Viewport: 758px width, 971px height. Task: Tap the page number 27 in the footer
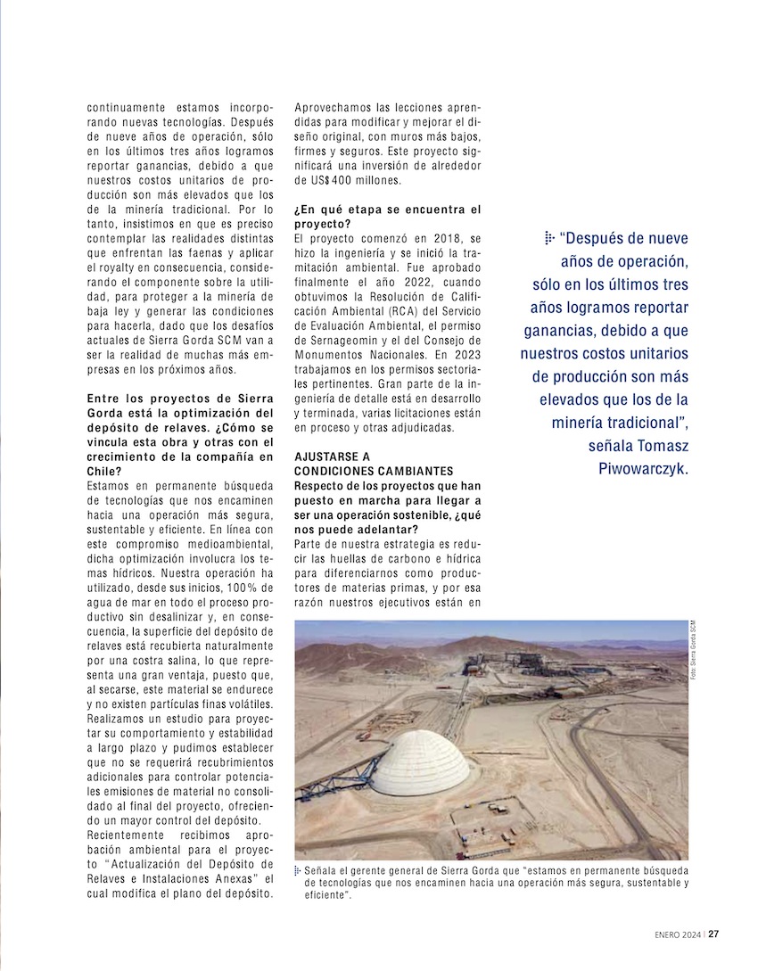pyautogui.click(x=714, y=934)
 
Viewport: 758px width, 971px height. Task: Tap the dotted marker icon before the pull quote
pyautogui.click(x=548, y=238)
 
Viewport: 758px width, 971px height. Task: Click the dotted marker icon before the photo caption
pyautogui.click(x=298, y=869)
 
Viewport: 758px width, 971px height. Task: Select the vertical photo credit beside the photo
pyautogui.click(x=692, y=650)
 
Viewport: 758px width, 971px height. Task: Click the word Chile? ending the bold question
pyautogui.click(x=103, y=471)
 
